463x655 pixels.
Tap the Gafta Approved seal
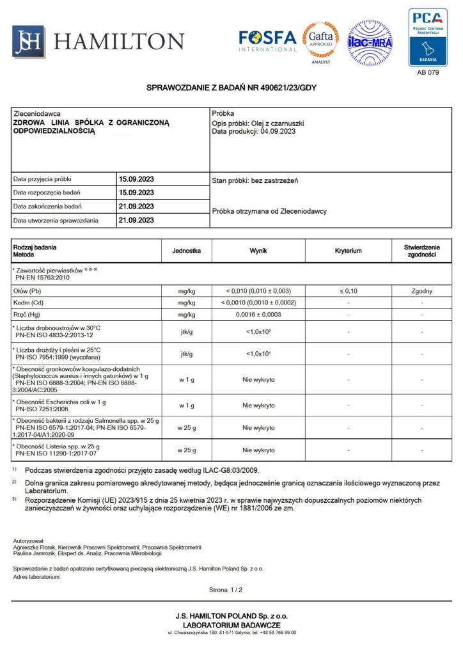(x=321, y=40)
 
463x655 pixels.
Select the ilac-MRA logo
(x=370, y=43)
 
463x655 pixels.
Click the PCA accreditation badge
(x=428, y=37)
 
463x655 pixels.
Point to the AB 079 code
(x=428, y=72)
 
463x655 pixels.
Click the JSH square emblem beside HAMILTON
(x=29, y=42)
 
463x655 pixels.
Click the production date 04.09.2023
(x=277, y=131)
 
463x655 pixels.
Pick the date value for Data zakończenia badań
(x=136, y=207)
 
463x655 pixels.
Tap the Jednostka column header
(x=187, y=251)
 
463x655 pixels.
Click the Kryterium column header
(x=348, y=251)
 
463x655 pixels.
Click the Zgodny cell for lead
(x=422, y=290)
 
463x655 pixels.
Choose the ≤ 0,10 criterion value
(x=348, y=290)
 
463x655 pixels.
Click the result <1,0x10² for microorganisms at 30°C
(x=258, y=331)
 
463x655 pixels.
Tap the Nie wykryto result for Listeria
(x=258, y=450)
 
